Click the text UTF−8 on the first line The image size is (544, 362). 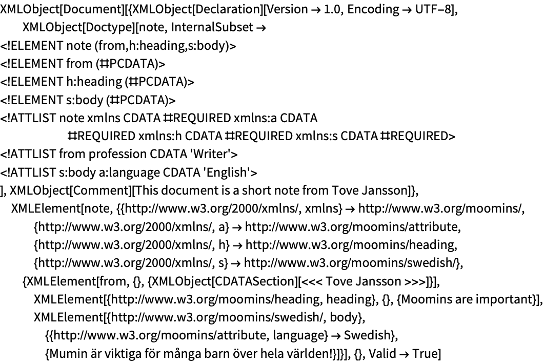click(x=433, y=9)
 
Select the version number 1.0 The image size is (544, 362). click(x=332, y=9)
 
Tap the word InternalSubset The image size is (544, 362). click(x=212, y=27)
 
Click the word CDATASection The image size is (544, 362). click(x=254, y=281)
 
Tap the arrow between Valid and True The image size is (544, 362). click(x=404, y=354)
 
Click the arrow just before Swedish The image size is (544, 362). click(x=335, y=336)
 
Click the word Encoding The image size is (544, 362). click(x=373, y=10)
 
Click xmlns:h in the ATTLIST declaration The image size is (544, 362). click(x=160, y=136)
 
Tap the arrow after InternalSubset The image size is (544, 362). click(x=261, y=28)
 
